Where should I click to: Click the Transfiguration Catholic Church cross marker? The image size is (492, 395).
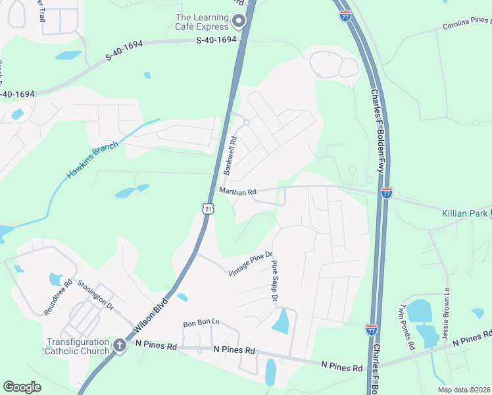click(x=120, y=345)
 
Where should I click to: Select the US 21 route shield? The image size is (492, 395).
click(x=209, y=209)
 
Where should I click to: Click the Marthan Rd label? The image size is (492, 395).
click(x=237, y=192)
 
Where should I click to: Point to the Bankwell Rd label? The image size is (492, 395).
click(x=230, y=155)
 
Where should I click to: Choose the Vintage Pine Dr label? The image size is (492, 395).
click(x=250, y=264)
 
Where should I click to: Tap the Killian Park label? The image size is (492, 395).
click(x=464, y=213)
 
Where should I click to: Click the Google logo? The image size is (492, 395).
click(x=22, y=387)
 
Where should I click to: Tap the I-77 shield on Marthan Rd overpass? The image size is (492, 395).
click(x=387, y=193)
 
